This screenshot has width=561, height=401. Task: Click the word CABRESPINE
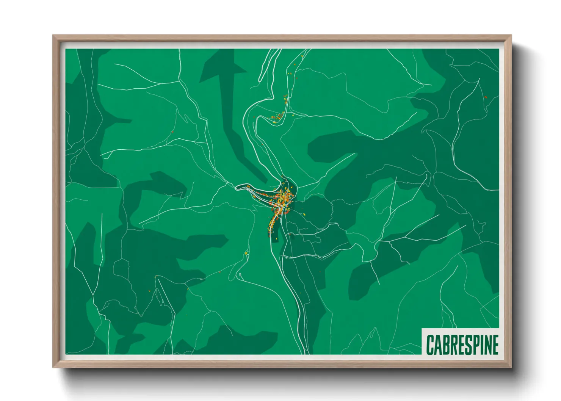[462, 345]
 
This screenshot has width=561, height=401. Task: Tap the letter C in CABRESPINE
[431, 345]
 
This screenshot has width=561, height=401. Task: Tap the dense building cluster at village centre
[284, 197]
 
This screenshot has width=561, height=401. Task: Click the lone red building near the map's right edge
[486, 97]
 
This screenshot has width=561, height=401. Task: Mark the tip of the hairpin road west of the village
[237, 187]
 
